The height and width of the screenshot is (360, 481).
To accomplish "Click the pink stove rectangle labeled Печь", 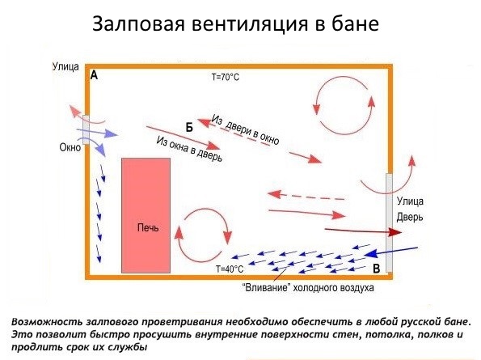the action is pos(146,215).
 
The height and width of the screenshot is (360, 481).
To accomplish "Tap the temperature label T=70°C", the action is pos(226,77).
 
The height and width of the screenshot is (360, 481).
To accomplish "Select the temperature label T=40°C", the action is pos(230,269).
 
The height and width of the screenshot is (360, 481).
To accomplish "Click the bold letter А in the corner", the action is pos(94,75).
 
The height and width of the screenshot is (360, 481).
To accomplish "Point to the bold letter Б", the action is pos(189,127).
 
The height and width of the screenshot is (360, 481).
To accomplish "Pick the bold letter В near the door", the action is pos(377,269).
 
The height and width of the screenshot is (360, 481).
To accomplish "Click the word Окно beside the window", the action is pos(70,147).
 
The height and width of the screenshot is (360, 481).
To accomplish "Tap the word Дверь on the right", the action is pos(410,217).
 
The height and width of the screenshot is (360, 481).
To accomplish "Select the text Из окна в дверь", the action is pos(189,149).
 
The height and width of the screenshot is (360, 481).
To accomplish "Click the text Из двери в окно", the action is pos(246,129).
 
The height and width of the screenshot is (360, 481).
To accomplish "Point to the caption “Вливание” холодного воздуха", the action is pos(308,288).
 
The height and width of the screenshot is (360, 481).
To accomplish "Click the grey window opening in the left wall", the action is pos(86,129).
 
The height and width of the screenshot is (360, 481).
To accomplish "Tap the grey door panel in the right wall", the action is pos(390,222).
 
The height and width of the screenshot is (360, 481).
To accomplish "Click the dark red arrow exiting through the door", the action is pos(363,231).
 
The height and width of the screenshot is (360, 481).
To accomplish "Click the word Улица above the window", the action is pos(65,66).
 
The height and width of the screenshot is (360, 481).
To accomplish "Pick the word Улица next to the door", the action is pos(410,201).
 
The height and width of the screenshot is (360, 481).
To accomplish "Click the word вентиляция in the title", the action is pos(250,24).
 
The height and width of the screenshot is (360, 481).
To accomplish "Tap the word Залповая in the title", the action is pos(138,23).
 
